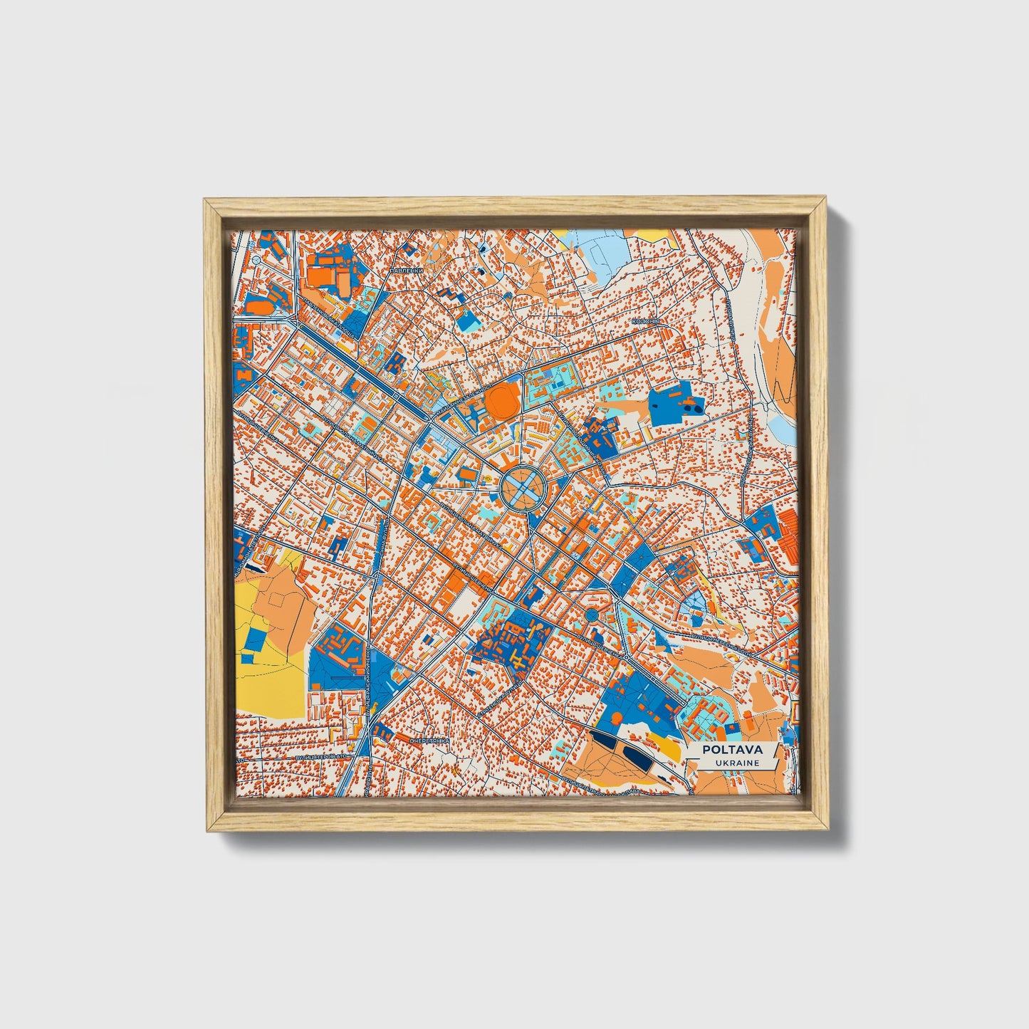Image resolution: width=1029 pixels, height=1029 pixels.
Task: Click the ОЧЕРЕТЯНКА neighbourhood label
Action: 429,741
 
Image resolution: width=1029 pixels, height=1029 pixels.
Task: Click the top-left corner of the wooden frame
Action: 207,202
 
